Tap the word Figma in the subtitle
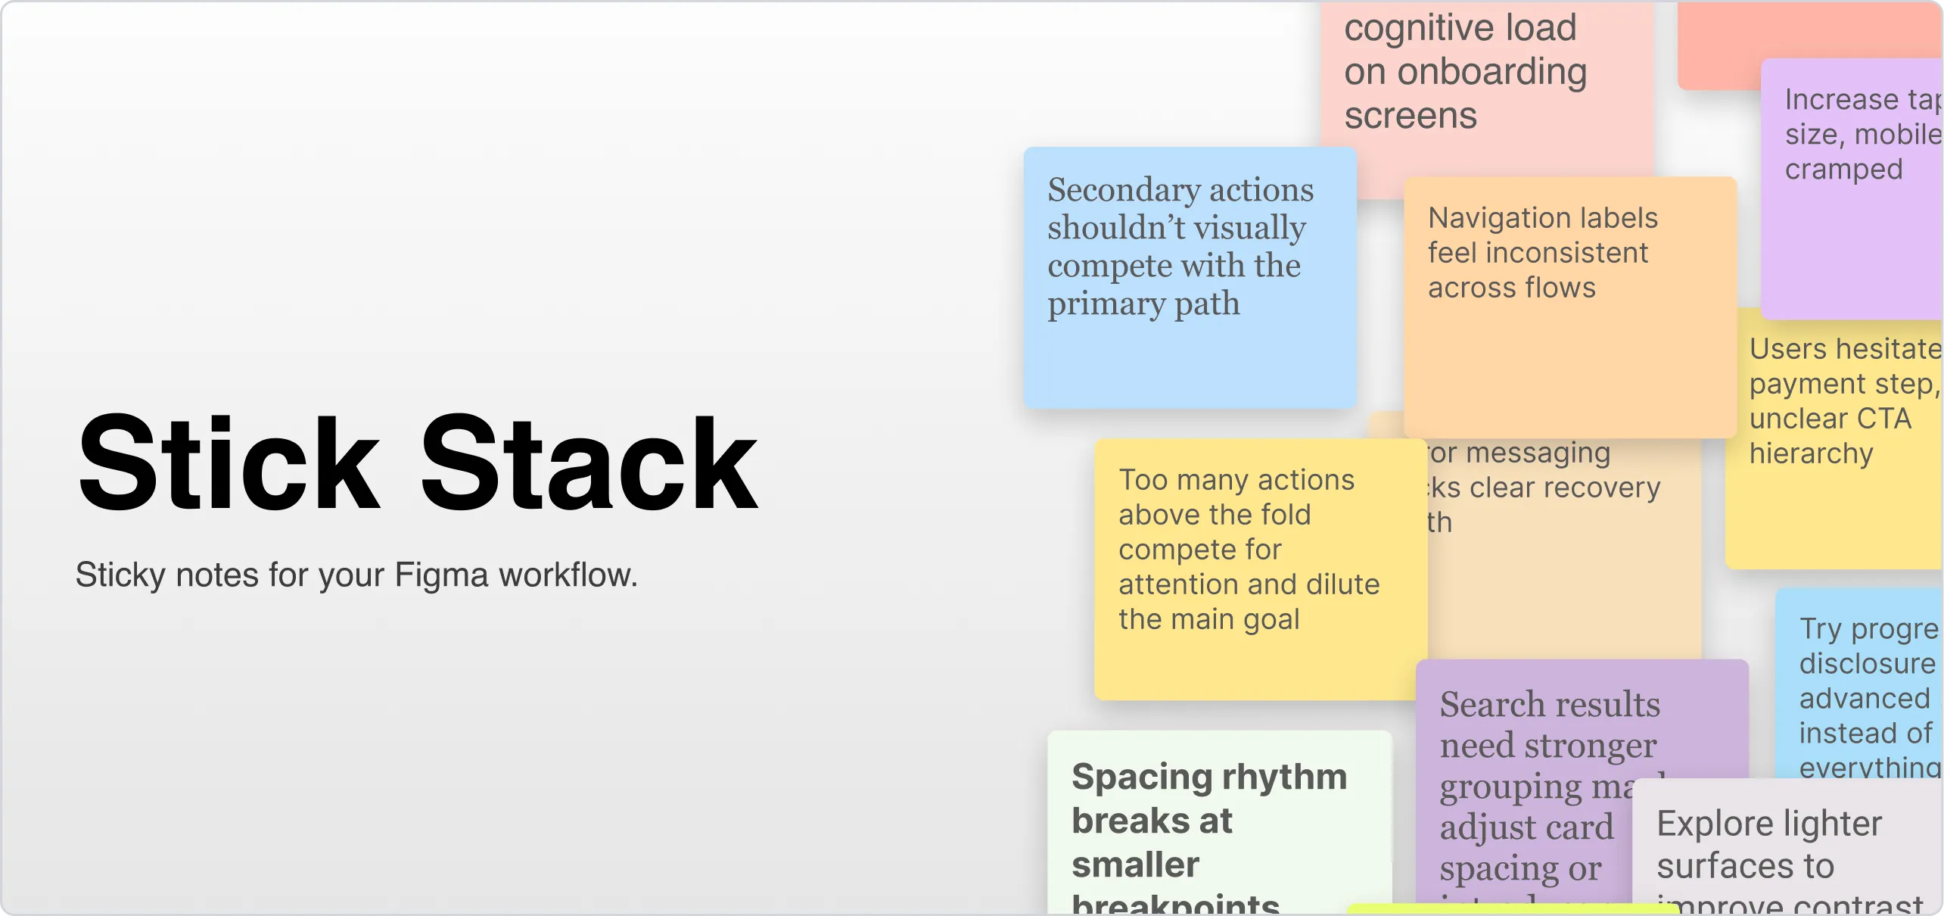click(442, 575)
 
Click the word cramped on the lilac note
click(1843, 170)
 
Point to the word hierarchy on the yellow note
click(1811, 454)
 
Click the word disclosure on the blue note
click(1867, 664)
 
